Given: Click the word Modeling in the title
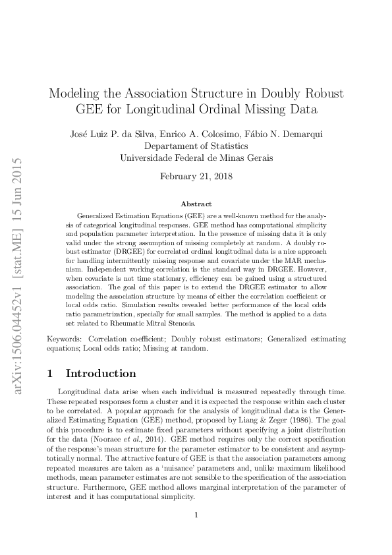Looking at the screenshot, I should click(x=75, y=92).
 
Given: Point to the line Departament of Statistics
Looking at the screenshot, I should click(x=196, y=146).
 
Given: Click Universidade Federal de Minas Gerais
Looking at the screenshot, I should click(x=196, y=158).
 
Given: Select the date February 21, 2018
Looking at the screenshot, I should click(x=196, y=177).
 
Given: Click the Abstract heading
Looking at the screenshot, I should click(x=196, y=204).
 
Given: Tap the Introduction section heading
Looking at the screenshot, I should click(x=101, y=374).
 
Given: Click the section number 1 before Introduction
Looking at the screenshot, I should click(x=50, y=374).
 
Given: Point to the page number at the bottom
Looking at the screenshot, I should click(x=196, y=515).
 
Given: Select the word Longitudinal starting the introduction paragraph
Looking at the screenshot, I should click(x=80, y=391).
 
